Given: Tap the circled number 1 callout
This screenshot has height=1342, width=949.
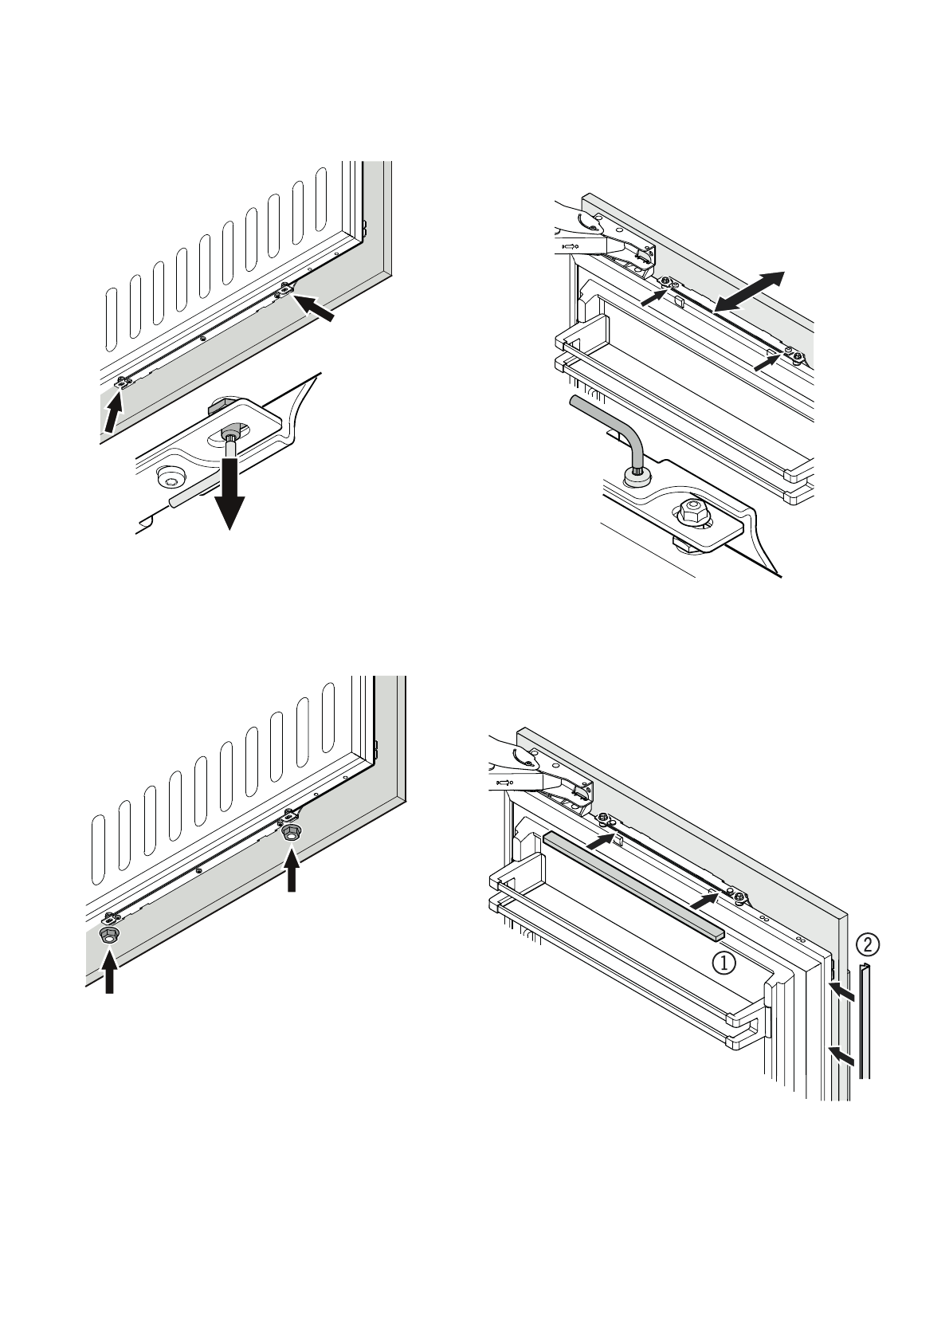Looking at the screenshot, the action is click(724, 963).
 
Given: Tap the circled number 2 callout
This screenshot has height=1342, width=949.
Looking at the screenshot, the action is click(868, 944).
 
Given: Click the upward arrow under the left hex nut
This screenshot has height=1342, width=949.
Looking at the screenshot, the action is click(109, 969).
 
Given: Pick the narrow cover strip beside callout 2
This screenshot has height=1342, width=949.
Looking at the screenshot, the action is click(865, 1027).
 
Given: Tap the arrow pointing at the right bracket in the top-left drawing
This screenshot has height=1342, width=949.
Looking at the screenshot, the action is click(315, 308).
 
